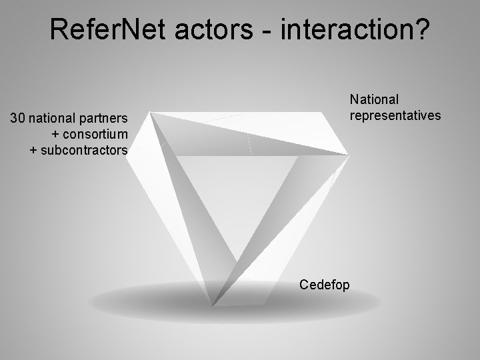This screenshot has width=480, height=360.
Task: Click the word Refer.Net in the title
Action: point(106,29)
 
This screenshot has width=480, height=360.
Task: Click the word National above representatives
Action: point(375,99)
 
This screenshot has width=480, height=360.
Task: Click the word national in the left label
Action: point(54,119)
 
